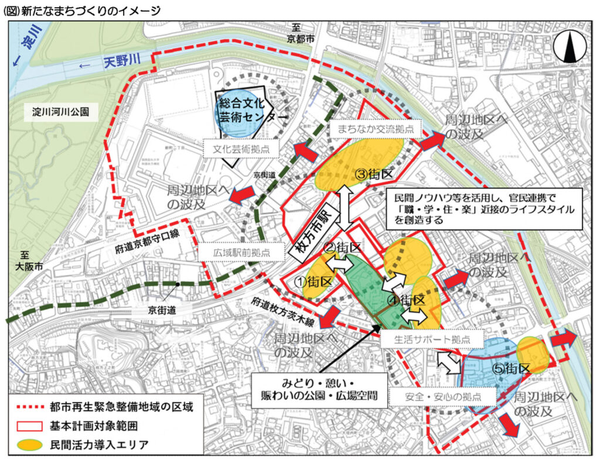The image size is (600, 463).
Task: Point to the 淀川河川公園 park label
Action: (x=62, y=112)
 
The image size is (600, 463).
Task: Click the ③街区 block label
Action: (x=375, y=174)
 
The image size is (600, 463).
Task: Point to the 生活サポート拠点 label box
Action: (x=432, y=338)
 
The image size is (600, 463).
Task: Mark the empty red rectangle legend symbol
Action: (x=27, y=425)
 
